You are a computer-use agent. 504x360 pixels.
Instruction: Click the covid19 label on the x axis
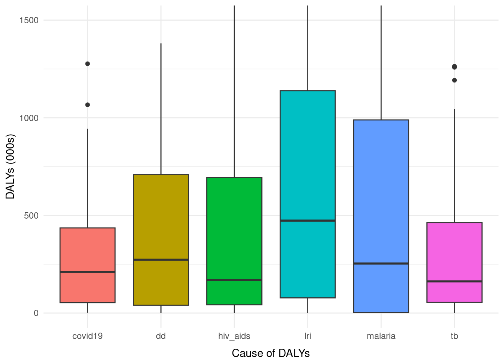(87, 336)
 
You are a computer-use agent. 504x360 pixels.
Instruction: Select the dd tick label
(161, 336)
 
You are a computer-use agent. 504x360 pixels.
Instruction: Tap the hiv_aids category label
(234, 336)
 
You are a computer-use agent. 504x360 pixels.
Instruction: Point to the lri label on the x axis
(307, 336)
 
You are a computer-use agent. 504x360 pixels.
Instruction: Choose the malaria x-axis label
(381, 336)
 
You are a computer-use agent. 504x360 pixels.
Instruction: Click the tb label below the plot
(454, 336)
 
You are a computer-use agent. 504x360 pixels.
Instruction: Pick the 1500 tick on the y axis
(29, 20)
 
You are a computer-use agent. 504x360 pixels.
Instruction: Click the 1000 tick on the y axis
(29, 118)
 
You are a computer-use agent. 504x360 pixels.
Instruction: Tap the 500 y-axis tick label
(31, 216)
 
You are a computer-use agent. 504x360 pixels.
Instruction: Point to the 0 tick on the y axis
(36, 313)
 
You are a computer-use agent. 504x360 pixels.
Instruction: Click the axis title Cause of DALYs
(271, 353)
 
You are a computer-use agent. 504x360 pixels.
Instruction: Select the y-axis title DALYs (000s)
(10, 166)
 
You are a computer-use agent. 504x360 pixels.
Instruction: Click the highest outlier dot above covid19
(87, 64)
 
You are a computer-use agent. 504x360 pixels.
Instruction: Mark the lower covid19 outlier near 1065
(87, 105)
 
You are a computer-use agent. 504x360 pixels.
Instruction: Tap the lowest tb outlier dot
(454, 80)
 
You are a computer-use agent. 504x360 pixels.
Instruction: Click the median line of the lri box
(307, 220)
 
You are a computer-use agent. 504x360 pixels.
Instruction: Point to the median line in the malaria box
(381, 264)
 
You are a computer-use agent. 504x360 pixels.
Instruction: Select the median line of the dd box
(161, 259)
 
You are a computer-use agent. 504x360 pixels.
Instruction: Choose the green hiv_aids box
(234, 225)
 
